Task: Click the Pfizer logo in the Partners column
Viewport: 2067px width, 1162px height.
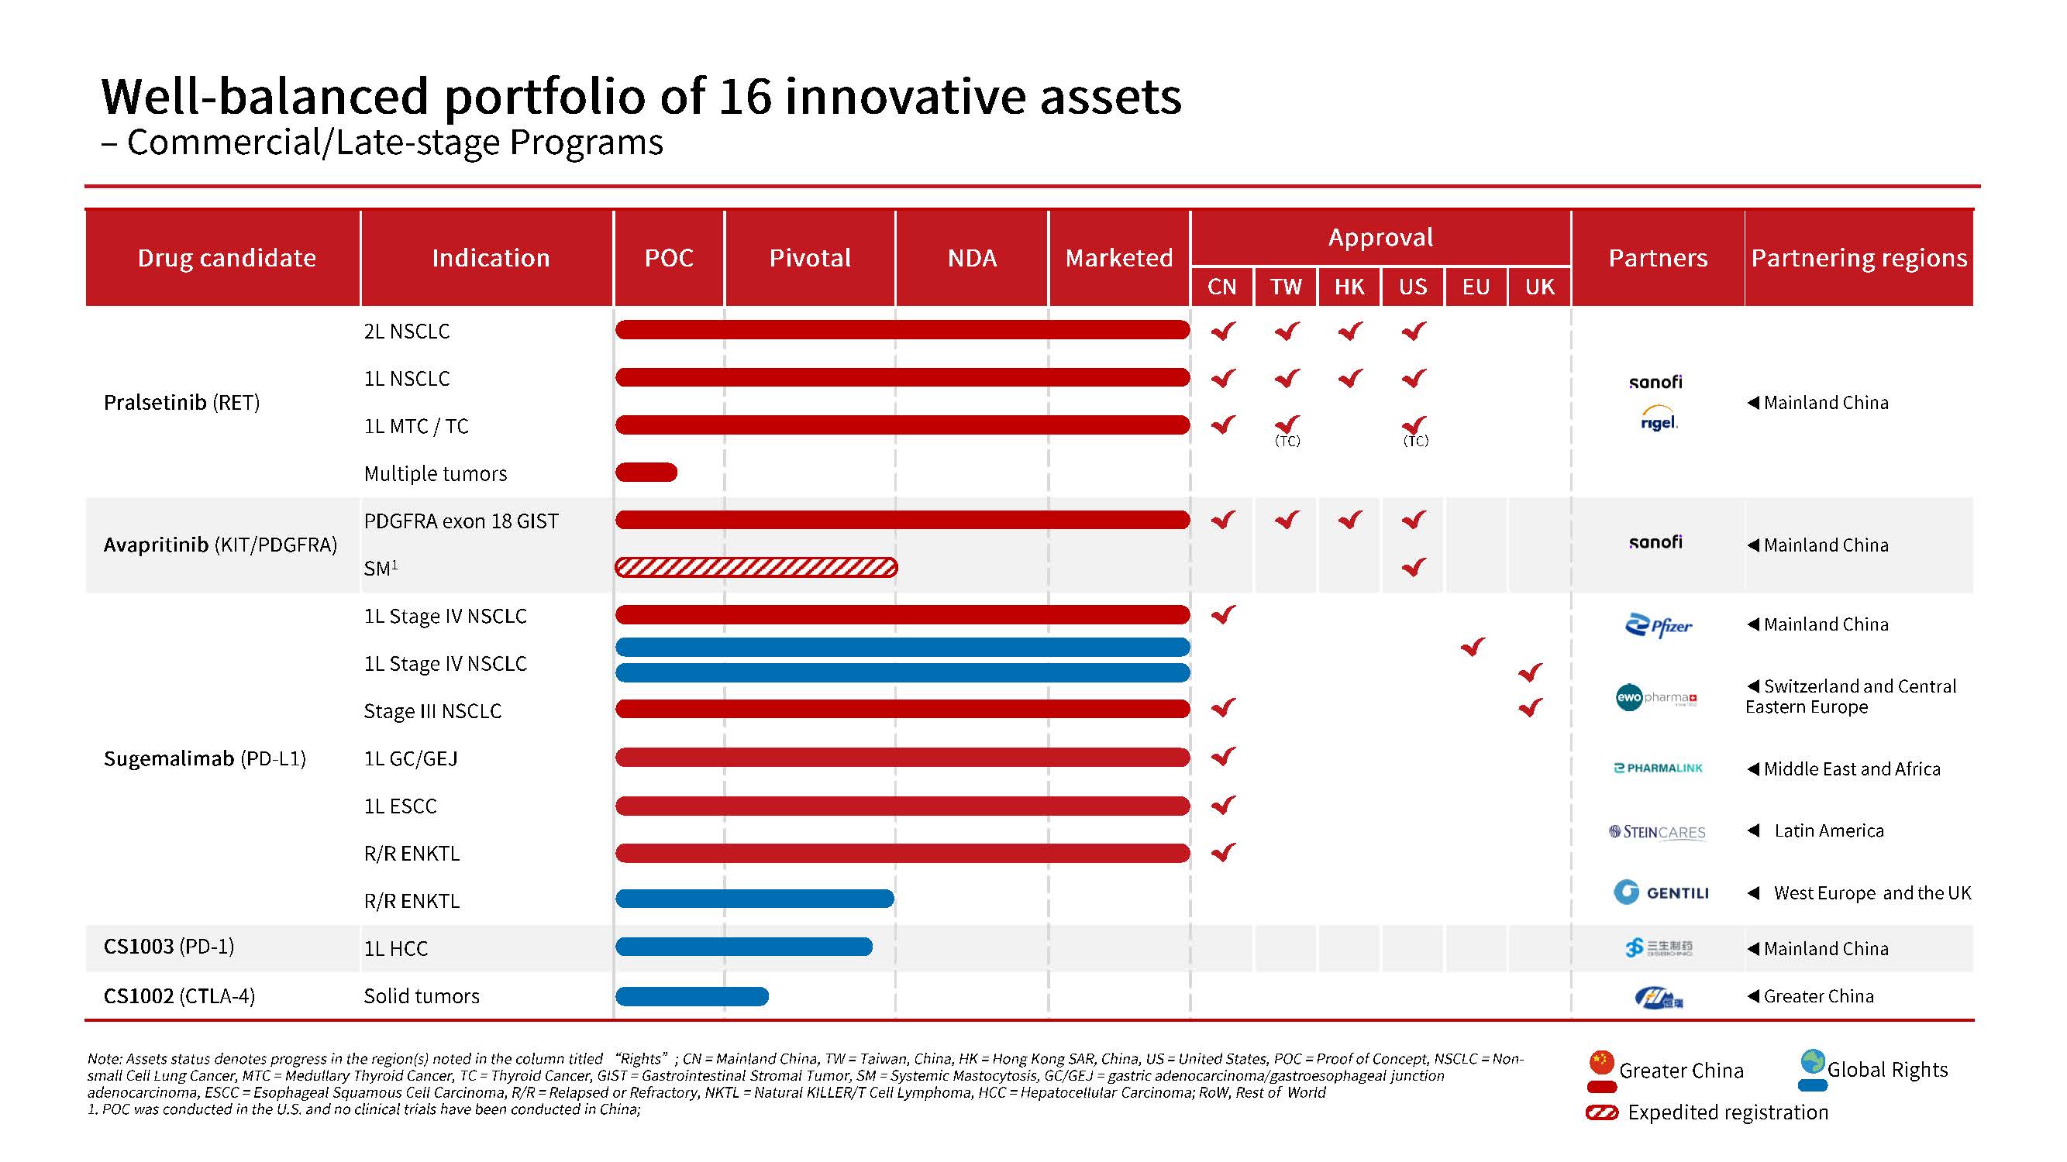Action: (x=1658, y=625)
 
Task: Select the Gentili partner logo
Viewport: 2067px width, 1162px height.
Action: (x=1660, y=892)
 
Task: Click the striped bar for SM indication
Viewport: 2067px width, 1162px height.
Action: (x=756, y=568)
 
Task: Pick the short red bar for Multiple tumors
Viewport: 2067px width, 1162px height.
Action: (x=646, y=473)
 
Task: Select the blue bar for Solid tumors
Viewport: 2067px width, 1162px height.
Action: (x=691, y=996)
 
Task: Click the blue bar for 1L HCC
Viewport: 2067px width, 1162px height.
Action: (x=744, y=947)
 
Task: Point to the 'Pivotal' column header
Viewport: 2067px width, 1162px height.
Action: (x=810, y=257)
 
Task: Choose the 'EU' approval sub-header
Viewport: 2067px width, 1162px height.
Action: (x=1476, y=287)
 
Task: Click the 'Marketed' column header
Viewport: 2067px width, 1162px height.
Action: (x=1118, y=257)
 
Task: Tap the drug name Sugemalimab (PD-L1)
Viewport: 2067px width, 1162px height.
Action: (x=205, y=758)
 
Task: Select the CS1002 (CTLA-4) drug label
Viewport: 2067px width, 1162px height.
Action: (x=179, y=996)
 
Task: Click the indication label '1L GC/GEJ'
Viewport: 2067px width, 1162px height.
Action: (x=411, y=758)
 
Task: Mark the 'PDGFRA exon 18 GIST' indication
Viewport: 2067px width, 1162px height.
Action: (x=460, y=521)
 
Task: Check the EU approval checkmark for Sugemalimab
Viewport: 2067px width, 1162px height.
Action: (x=1473, y=646)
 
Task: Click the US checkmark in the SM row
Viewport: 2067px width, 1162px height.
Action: (x=1414, y=568)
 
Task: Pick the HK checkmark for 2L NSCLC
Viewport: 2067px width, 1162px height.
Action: (x=1350, y=331)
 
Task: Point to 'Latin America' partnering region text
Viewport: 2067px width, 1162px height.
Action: (x=1829, y=830)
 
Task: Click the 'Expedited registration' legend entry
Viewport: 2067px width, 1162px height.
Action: (x=1727, y=1112)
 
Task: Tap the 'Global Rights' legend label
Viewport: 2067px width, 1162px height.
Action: (x=1886, y=1070)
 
